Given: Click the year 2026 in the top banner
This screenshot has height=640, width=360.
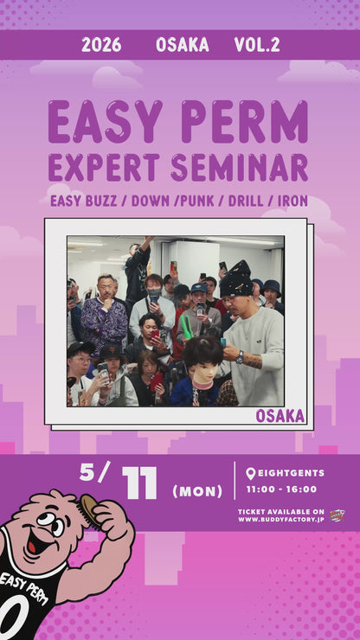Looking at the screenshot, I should tap(101, 45).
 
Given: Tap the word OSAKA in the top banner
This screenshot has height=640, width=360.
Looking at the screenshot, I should tap(182, 45).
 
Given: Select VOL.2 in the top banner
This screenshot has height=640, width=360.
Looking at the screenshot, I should tap(257, 45).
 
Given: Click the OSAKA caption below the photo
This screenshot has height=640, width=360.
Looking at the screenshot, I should tap(280, 416).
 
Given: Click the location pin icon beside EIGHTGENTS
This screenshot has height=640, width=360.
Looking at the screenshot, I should tap(250, 474).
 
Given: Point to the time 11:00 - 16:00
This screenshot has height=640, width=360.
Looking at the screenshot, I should tap(282, 490).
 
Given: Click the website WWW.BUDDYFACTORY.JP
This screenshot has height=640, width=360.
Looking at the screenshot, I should tap(280, 520).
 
